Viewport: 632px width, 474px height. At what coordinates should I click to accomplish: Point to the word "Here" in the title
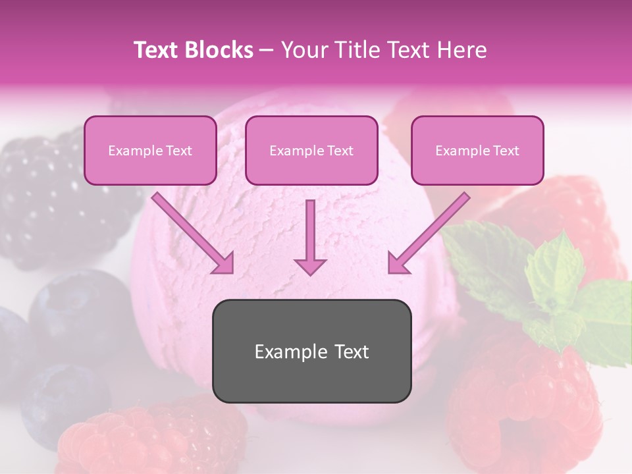[x=460, y=50]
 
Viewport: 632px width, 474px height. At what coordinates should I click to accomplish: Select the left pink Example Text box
[x=150, y=150]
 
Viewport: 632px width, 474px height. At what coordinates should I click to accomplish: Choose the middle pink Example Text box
[x=311, y=150]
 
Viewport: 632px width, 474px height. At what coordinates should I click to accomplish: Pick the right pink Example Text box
[x=477, y=150]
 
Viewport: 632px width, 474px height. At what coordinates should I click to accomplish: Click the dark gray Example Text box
[x=311, y=351]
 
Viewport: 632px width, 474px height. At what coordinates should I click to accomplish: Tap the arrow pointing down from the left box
[x=193, y=234]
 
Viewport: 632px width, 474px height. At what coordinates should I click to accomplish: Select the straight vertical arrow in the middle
[x=310, y=234]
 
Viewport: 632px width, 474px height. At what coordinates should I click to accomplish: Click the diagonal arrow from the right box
[x=428, y=234]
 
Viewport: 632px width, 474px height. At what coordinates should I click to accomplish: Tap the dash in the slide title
[x=267, y=50]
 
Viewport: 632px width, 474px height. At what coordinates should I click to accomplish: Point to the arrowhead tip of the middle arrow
[x=310, y=273]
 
